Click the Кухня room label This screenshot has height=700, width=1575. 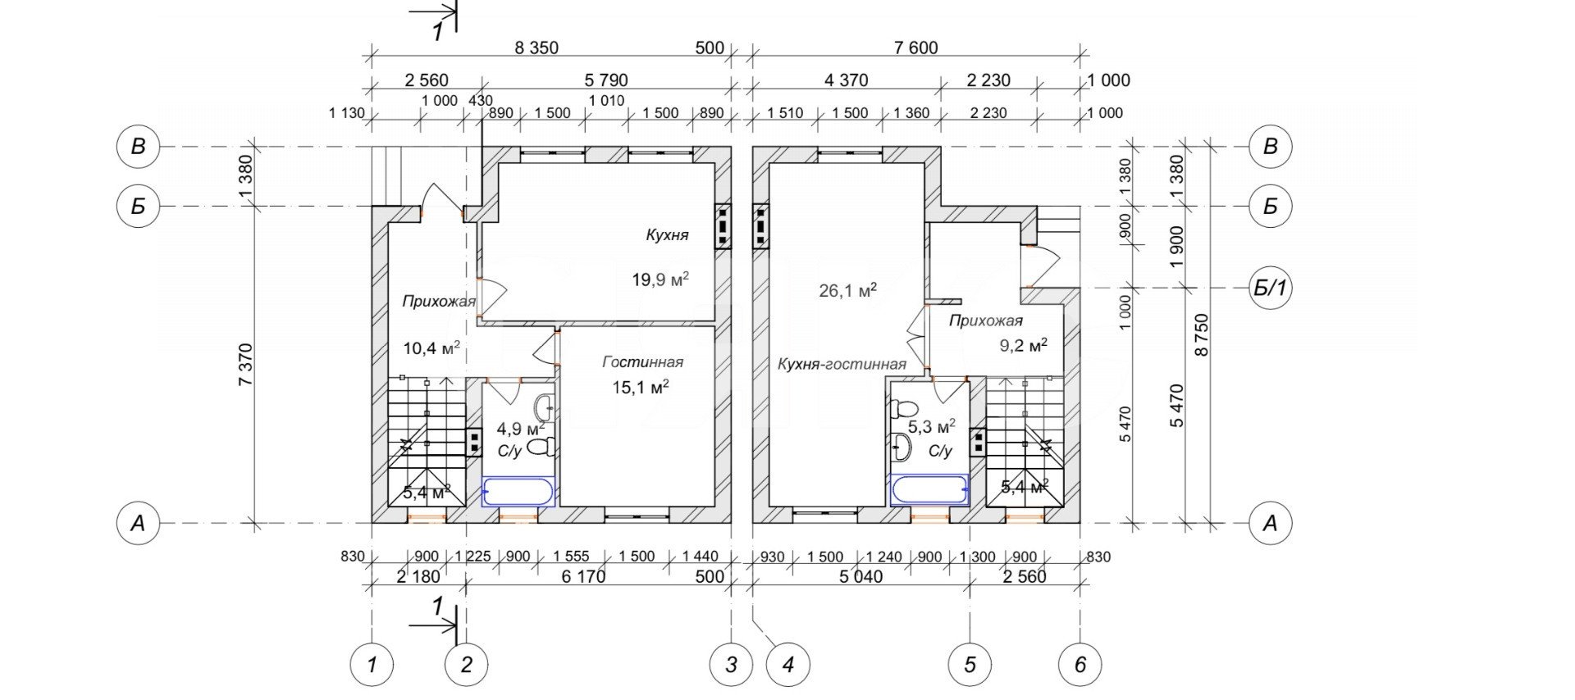(667, 235)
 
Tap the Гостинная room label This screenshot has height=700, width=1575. (643, 362)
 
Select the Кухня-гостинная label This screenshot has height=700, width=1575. (842, 365)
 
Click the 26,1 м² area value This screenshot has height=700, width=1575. (848, 290)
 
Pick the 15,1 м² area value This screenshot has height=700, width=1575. (641, 386)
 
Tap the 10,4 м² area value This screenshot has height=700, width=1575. (431, 348)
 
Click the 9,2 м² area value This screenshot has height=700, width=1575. (1023, 346)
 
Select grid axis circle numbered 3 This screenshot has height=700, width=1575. (731, 664)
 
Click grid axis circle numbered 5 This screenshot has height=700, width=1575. (970, 664)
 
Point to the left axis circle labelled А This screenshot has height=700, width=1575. (138, 523)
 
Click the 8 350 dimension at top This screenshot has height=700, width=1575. (536, 48)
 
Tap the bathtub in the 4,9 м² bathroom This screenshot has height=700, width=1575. (518, 492)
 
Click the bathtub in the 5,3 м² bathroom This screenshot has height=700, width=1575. (929, 490)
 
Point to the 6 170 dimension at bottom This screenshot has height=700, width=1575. (583, 576)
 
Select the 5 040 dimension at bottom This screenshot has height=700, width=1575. (861, 576)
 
